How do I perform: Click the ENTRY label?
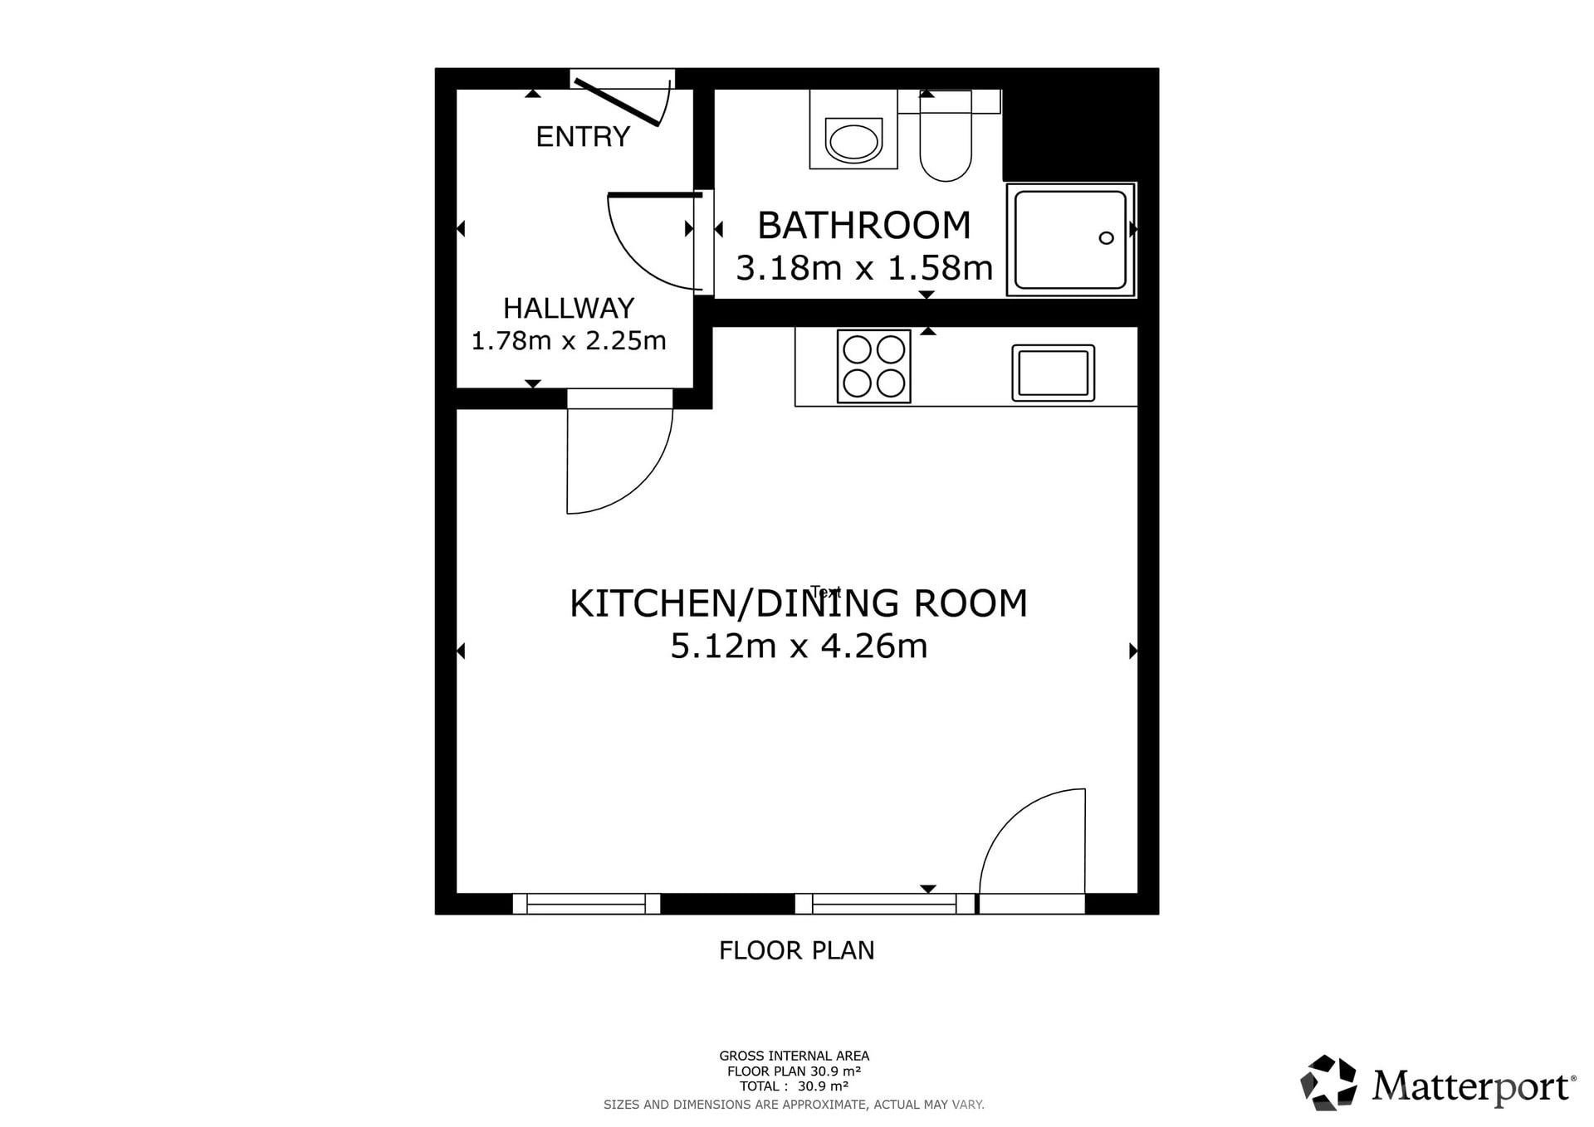[x=583, y=136]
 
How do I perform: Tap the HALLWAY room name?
[x=569, y=308]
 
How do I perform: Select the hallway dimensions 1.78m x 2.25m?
[x=569, y=340]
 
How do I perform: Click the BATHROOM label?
[x=864, y=225]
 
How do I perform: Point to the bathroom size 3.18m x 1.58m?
[x=864, y=268]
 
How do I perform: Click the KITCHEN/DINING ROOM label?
[x=799, y=603]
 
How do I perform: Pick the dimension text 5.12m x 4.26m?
[x=799, y=646]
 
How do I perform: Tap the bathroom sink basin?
[x=853, y=140]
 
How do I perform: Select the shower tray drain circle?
[x=1106, y=238]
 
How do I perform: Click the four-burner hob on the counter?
[x=874, y=367]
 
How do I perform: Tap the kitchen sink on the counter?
[x=1054, y=373]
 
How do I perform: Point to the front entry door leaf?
[x=617, y=102]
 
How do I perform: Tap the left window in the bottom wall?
[x=586, y=904]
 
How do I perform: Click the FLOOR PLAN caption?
[x=797, y=950]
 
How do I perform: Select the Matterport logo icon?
[x=1328, y=1082]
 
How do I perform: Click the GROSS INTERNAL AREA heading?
[x=795, y=1056]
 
